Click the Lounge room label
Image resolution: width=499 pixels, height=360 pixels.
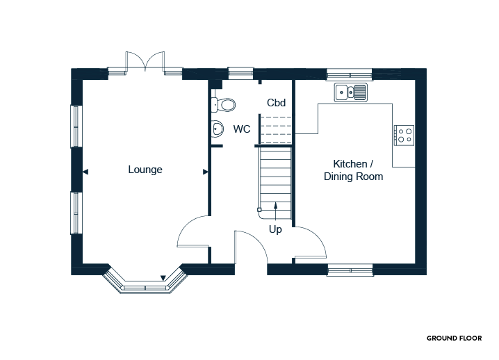[x=145, y=170]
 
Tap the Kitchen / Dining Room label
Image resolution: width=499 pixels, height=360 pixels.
[x=353, y=170]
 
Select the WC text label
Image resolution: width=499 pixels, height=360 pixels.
[x=242, y=129]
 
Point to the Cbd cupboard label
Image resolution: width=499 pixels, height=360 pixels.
[x=276, y=102]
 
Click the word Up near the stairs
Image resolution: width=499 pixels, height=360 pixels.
[x=275, y=229]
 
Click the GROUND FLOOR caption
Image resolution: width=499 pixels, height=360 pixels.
[x=454, y=338]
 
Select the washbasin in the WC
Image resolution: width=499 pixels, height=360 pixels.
[x=217, y=129]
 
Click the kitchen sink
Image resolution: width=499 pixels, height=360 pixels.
[x=351, y=92]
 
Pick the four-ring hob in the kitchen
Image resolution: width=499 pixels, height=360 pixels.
[x=404, y=136]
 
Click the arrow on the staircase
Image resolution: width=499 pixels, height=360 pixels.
[x=276, y=211]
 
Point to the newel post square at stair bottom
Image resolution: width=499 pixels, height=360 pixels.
[x=259, y=210]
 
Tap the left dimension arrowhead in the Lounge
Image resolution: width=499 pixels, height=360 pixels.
[x=85, y=172]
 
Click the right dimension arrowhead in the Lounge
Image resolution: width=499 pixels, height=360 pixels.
[x=206, y=172]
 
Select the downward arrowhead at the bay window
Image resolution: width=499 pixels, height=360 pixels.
[x=163, y=278]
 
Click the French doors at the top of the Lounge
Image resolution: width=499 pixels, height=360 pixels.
[x=145, y=62]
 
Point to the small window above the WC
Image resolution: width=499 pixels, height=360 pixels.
[x=241, y=73]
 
